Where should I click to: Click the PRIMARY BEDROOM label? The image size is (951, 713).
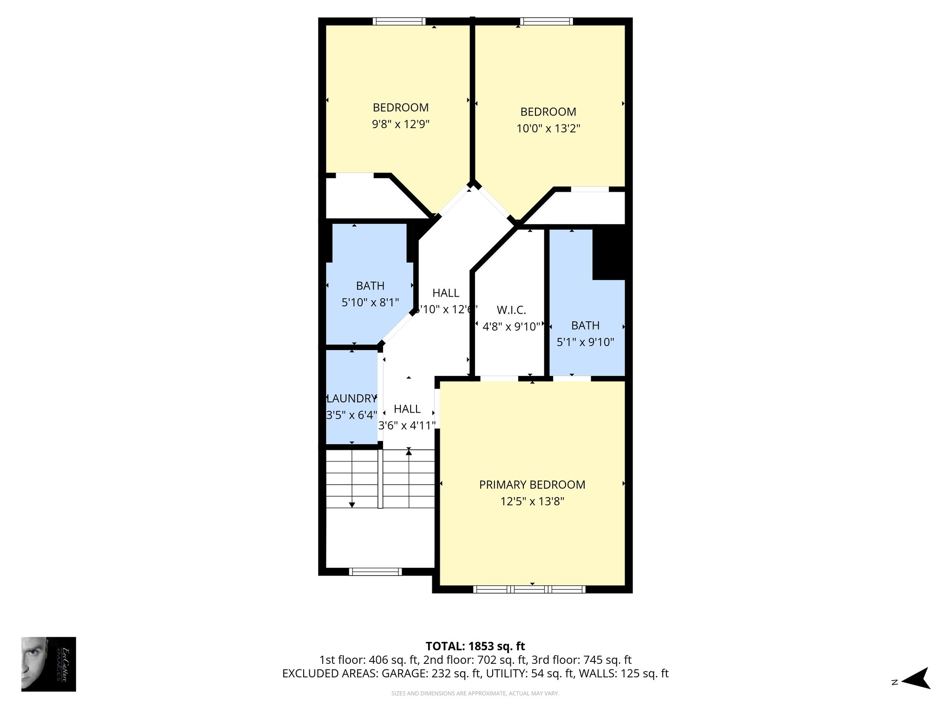(x=532, y=485)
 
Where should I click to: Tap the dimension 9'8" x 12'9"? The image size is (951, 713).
(x=400, y=124)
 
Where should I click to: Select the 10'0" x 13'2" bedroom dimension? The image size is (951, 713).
(x=548, y=129)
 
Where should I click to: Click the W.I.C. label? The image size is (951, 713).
(x=511, y=310)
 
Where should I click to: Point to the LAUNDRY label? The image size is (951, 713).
(x=352, y=398)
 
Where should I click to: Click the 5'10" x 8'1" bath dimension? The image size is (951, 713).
(x=370, y=303)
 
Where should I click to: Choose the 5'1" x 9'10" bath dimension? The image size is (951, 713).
(x=585, y=343)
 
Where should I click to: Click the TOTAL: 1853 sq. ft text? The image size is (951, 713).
(x=475, y=646)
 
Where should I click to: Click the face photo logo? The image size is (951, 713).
(x=48, y=664)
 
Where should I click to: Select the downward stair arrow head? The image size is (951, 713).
(x=352, y=505)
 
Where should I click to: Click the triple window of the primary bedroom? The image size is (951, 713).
(x=529, y=589)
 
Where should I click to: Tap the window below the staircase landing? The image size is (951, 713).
(x=375, y=571)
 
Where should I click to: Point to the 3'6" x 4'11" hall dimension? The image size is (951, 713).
(x=407, y=426)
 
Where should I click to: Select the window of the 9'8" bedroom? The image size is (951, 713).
(x=399, y=21)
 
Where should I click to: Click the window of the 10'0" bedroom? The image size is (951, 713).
(x=546, y=21)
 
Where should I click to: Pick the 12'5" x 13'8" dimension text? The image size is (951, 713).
(x=532, y=501)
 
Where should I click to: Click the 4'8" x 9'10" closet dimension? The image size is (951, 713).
(x=511, y=327)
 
